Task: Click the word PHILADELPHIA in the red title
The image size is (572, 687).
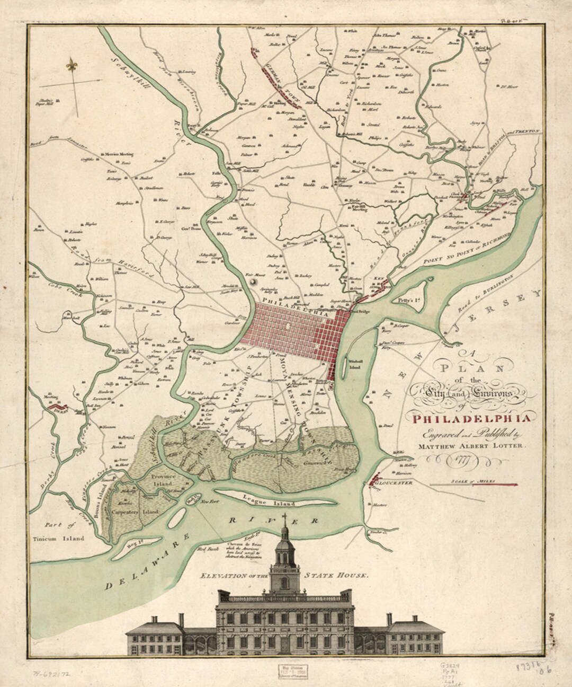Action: (x=468, y=419)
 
